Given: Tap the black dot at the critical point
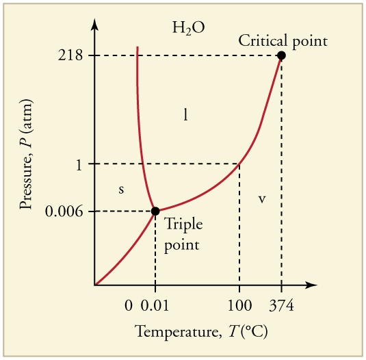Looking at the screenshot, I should pos(281,55).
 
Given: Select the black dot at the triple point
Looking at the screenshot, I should pos(155,211).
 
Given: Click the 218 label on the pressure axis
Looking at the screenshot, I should pos(71,55).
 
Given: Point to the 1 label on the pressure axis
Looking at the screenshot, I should pos(80,164).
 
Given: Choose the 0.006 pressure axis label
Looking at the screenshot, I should pos(65,211).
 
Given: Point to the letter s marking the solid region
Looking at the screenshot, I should pos(121,190).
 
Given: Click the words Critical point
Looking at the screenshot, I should pos(283,40).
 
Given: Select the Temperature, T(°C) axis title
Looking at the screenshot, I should pos(201,333).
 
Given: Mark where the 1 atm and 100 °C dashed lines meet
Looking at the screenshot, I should pos(239,164).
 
